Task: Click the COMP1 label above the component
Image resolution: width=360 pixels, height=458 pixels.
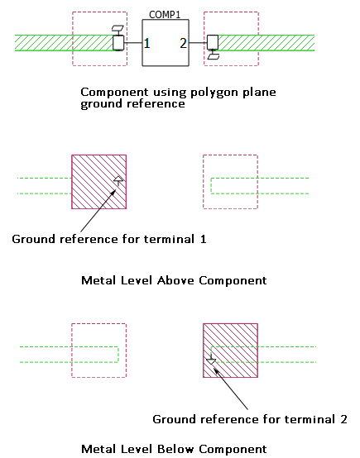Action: pyautogui.click(x=165, y=15)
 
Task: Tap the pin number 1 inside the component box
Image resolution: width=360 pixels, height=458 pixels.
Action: pyautogui.click(x=146, y=43)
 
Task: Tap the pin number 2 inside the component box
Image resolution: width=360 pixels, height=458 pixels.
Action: pyautogui.click(x=183, y=43)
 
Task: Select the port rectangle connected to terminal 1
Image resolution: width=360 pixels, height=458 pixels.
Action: pyautogui.click(x=118, y=43)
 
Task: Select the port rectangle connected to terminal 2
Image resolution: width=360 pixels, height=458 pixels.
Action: pyautogui.click(x=213, y=42)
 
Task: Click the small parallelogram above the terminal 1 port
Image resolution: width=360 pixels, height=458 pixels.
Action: pyautogui.click(x=118, y=29)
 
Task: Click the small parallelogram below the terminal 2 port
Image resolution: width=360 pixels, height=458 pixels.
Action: pyautogui.click(x=214, y=56)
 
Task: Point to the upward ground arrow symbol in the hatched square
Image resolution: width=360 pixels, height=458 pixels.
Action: pyautogui.click(x=118, y=181)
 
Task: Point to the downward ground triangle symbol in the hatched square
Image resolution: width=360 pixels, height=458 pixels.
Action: pyautogui.click(x=211, y=361)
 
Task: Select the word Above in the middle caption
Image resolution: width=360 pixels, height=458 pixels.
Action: pyautogui.click(x=175, y=280)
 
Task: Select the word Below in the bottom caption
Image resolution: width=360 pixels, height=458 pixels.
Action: pyautogui.click(x=175, y=449)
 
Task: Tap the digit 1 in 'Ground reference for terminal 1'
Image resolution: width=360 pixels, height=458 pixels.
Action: pyautogui.click(x=204, y=239)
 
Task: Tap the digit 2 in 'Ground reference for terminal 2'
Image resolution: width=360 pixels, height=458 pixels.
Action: pyautogui.click(x=343, y=419)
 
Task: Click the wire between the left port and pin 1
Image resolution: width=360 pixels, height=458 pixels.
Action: pyautogui.click(x=133, y=43)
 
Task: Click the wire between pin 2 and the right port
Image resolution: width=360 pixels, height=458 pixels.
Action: pyautogui.click(x=198, y=43)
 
